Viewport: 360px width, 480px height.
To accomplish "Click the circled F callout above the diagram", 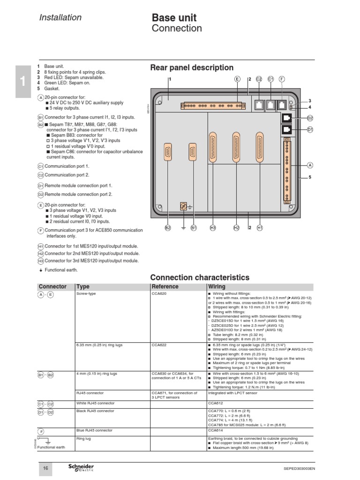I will [282, 79].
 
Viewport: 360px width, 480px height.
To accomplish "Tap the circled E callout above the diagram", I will [237, 79].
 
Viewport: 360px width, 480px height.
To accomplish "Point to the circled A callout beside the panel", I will [310, 165].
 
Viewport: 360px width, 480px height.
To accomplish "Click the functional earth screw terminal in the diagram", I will [183, 206].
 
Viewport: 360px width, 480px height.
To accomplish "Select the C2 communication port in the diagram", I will [259, 105].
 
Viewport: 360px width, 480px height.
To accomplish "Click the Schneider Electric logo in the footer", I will [81, 468].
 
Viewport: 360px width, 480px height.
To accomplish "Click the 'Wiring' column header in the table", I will [216, 286].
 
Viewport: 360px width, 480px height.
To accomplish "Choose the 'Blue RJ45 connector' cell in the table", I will [94, 430].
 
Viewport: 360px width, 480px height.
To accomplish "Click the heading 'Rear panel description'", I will [192, 68].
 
